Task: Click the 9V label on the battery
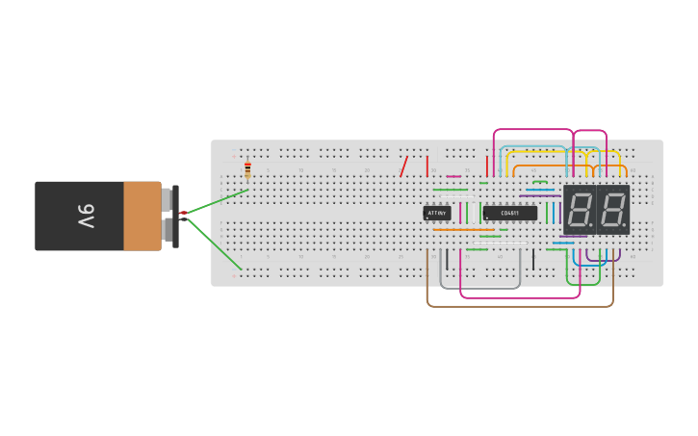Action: pos(85,217)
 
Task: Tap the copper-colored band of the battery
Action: pos(142,217)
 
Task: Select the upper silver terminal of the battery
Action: pos(167,199)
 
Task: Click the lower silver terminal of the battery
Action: pos(167,230)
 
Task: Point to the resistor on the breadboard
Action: pos(247,170)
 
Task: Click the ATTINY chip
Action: pos(437,213)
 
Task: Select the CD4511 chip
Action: pos(509,213)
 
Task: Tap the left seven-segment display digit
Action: pos(580,209)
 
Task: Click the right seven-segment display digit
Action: pos(612,209)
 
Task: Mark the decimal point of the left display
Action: pos(591,227)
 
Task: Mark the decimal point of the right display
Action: pos(624,227)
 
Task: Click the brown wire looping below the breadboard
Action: pos(520,306)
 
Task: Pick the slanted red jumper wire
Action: pos(403,167)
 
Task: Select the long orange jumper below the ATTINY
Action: pos(463,230)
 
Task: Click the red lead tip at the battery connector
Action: pos(183,213)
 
